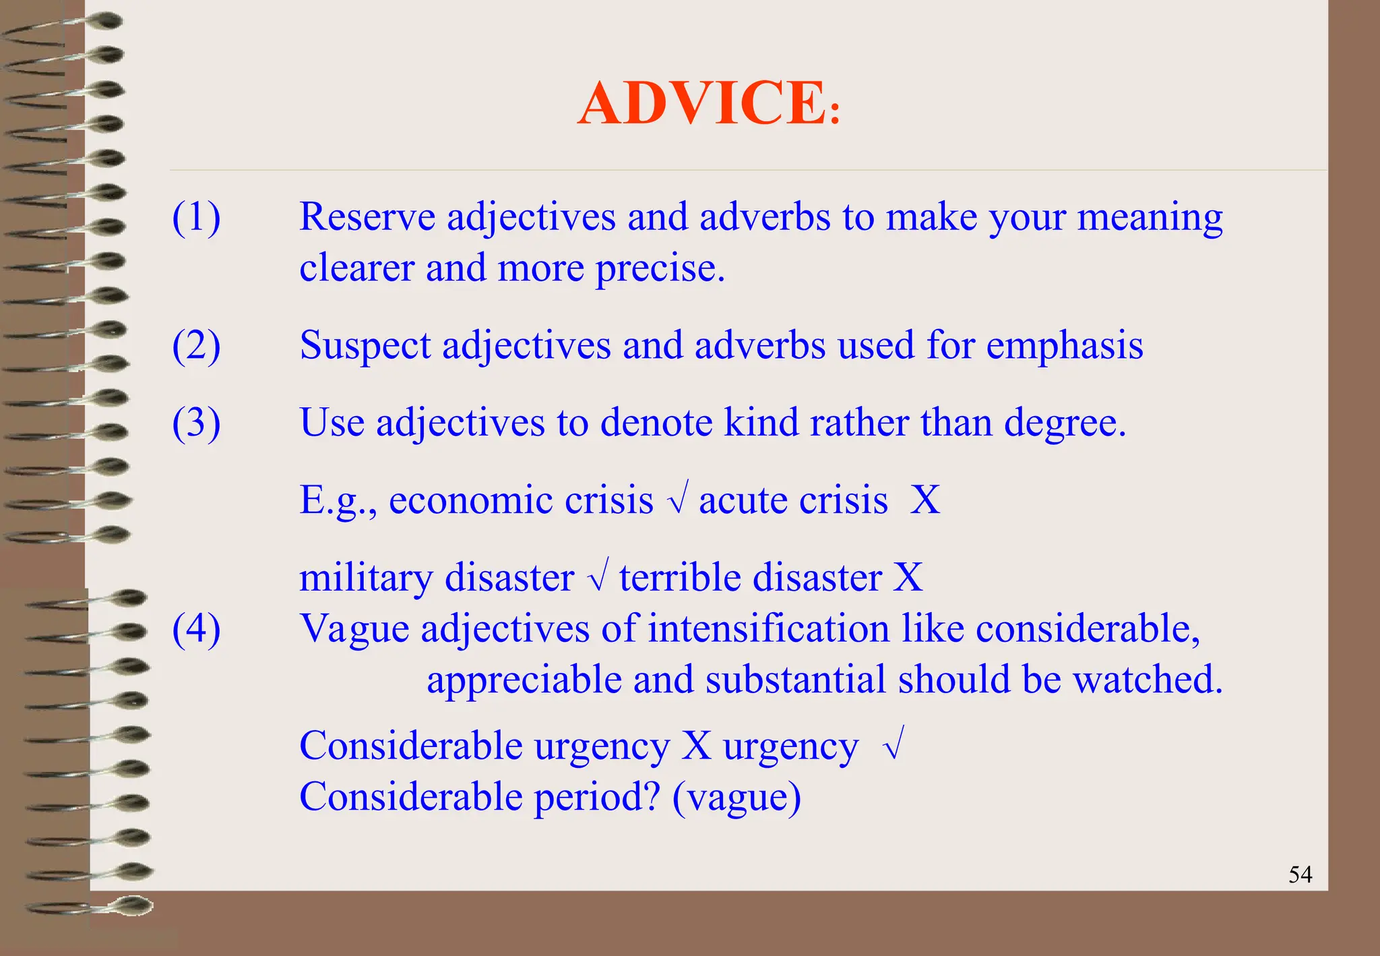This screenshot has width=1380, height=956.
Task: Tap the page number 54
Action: tap(1300, 874)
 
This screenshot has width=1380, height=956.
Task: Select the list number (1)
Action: tap(196, 218)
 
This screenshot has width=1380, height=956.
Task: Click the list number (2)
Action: tap(196, 346)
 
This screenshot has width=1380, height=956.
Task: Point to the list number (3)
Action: tap(196, 423)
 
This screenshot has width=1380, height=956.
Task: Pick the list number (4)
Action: tap(196, 629)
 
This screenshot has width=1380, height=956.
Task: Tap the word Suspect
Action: tap(365, 346)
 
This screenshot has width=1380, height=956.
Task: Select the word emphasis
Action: tap(1065, 346)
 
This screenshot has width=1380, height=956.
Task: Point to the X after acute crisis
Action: tap(925, 500)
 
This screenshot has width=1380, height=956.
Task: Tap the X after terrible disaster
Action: tap(908, 578)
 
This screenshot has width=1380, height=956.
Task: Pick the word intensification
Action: tap(769, 628)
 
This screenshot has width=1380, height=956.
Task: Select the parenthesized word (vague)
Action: tap(736, 798)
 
